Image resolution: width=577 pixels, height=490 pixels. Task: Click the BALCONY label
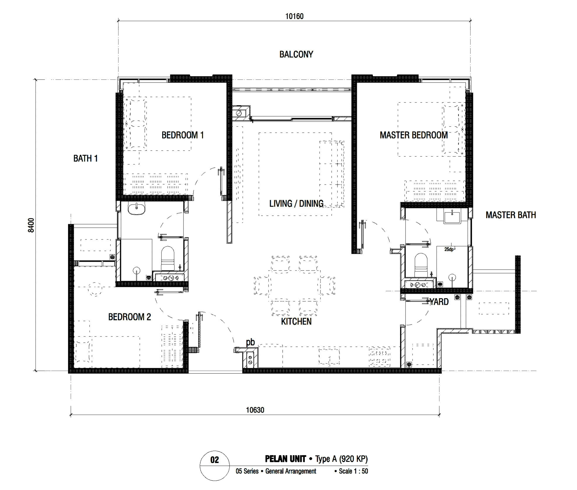[x=296, y=54]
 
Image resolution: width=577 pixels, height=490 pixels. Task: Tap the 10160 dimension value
[x=294, y=16]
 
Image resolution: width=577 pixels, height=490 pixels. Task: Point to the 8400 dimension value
[x=31, y=225]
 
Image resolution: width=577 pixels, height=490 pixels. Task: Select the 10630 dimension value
[x=255, y=410]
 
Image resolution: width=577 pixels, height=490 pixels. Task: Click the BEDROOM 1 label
[x=182, y=135]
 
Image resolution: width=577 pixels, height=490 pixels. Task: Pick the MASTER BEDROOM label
[x=414, y=135]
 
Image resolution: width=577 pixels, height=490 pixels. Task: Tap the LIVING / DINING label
[x=296, y=203]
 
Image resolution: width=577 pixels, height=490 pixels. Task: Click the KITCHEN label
[x=296, y=321]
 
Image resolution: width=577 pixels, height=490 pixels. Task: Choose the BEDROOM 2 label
[x=130, y=317]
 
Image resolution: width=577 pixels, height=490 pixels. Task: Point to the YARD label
[x=439, y=302]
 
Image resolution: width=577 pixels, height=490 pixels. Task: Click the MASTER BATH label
[x=511, y=215]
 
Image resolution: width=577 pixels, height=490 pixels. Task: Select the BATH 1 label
[x=85, y=159]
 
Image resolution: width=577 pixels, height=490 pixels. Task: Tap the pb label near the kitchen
[x=250, y=342]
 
